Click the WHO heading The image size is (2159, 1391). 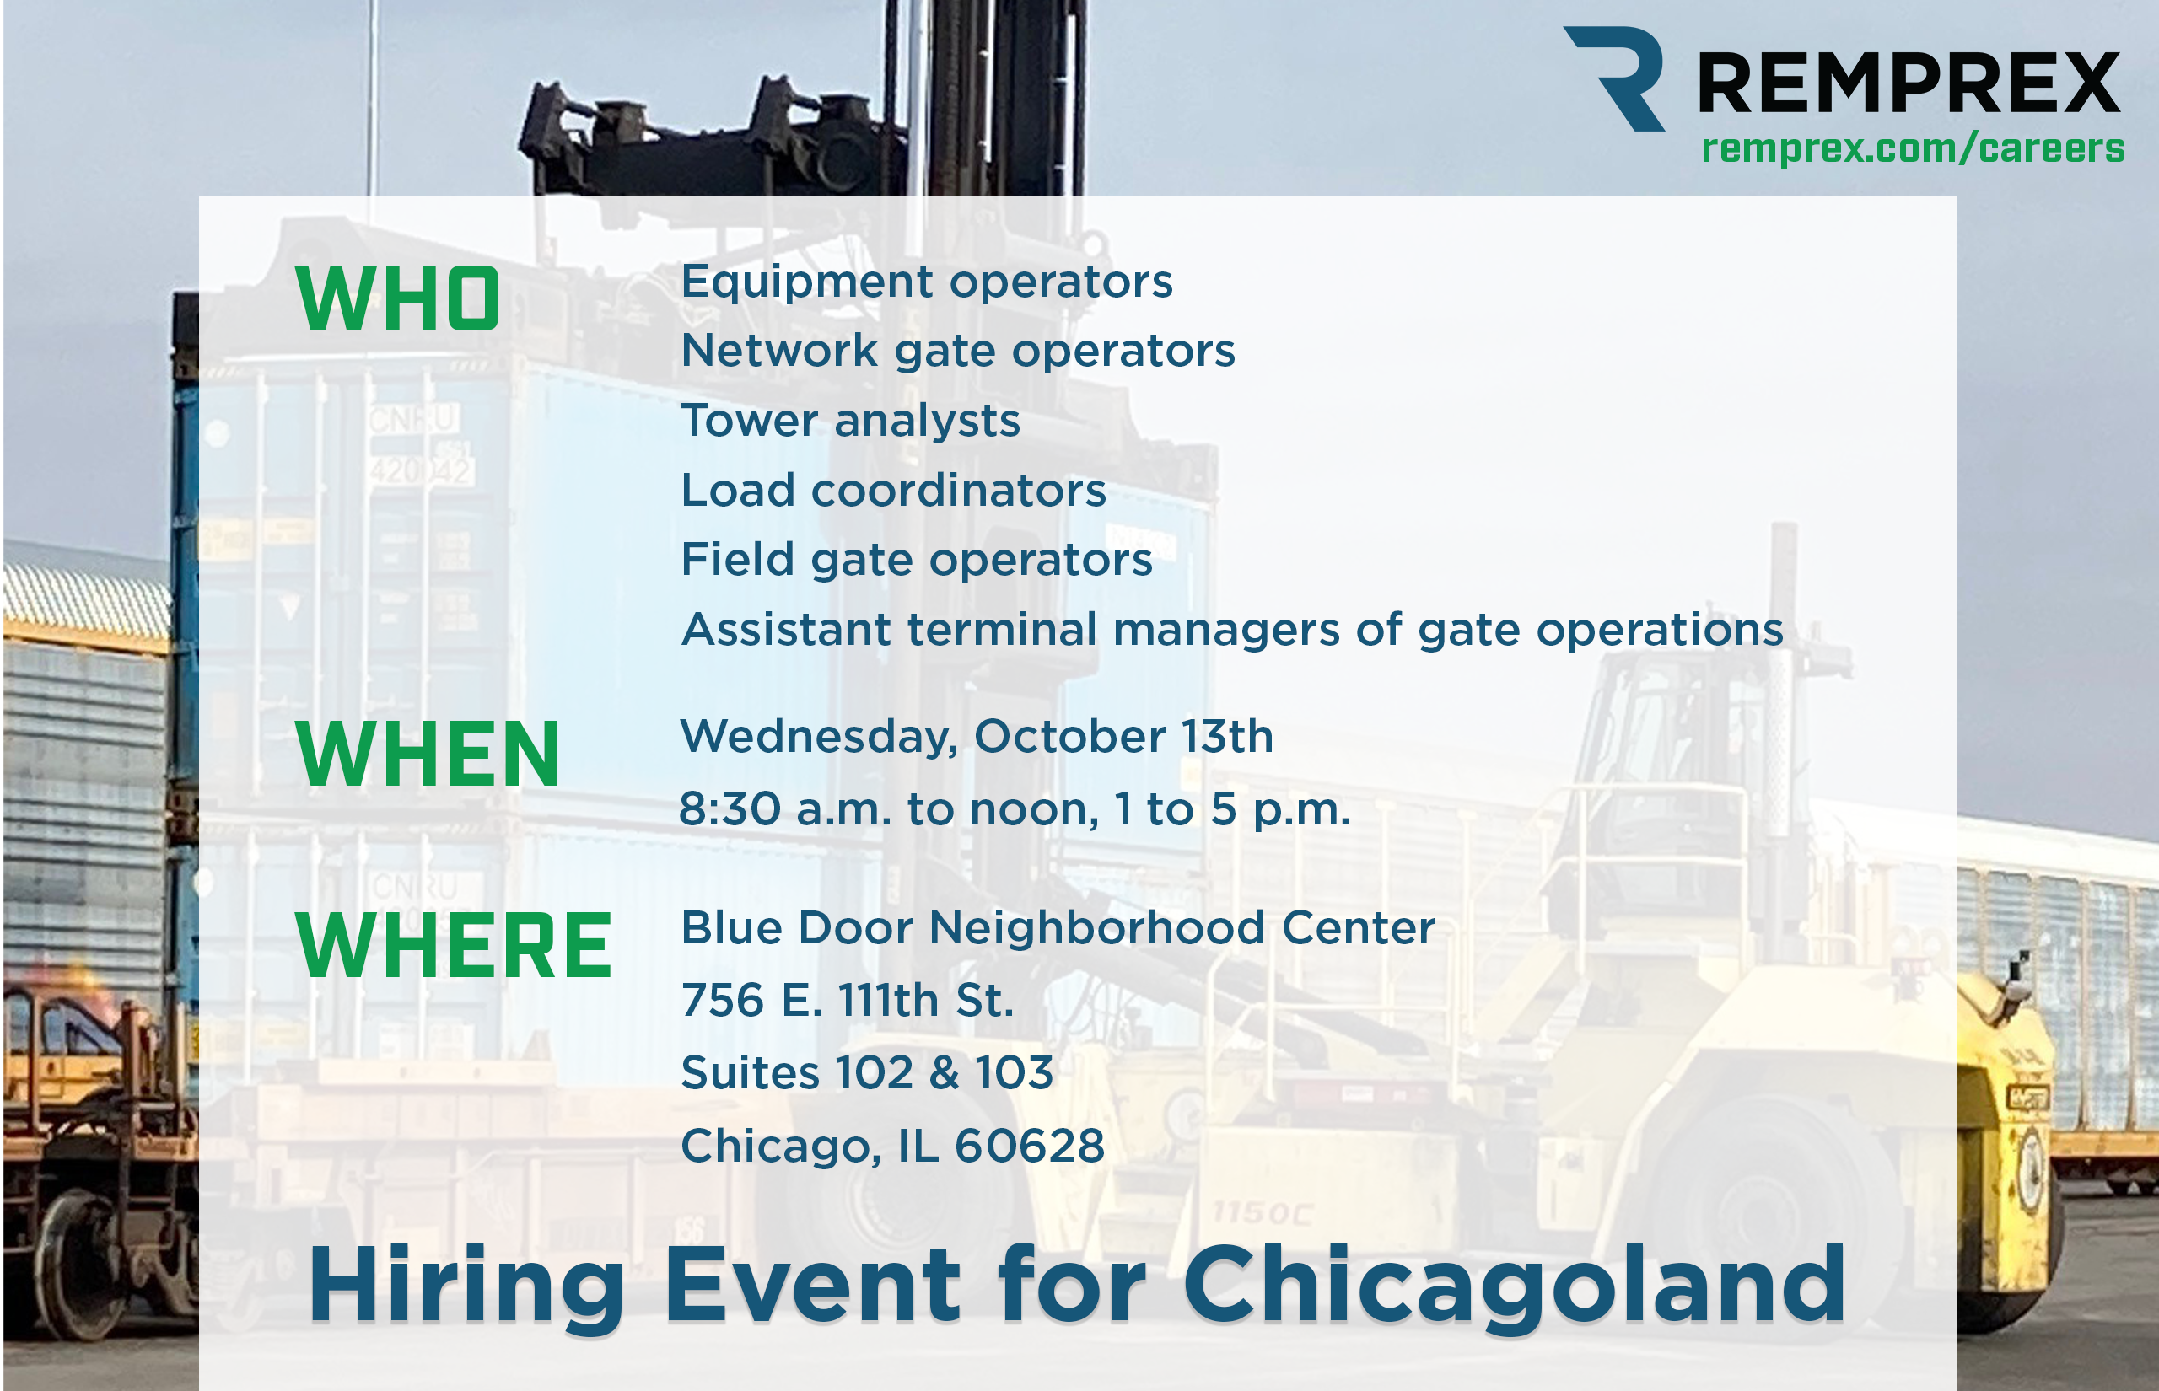397,298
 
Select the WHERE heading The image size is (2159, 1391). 454,945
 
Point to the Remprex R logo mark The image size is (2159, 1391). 1615,78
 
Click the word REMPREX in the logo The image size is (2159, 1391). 1909,83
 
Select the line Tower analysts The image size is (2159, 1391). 850,422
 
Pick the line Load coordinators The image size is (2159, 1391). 893,491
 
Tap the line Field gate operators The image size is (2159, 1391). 917,560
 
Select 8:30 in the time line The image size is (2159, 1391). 730,808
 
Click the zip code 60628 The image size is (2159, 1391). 1030,1146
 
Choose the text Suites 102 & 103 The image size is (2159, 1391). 867,1073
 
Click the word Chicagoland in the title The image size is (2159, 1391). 1515,1286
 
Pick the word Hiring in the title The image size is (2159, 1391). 466,1286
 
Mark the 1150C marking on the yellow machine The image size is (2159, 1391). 1262,1213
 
